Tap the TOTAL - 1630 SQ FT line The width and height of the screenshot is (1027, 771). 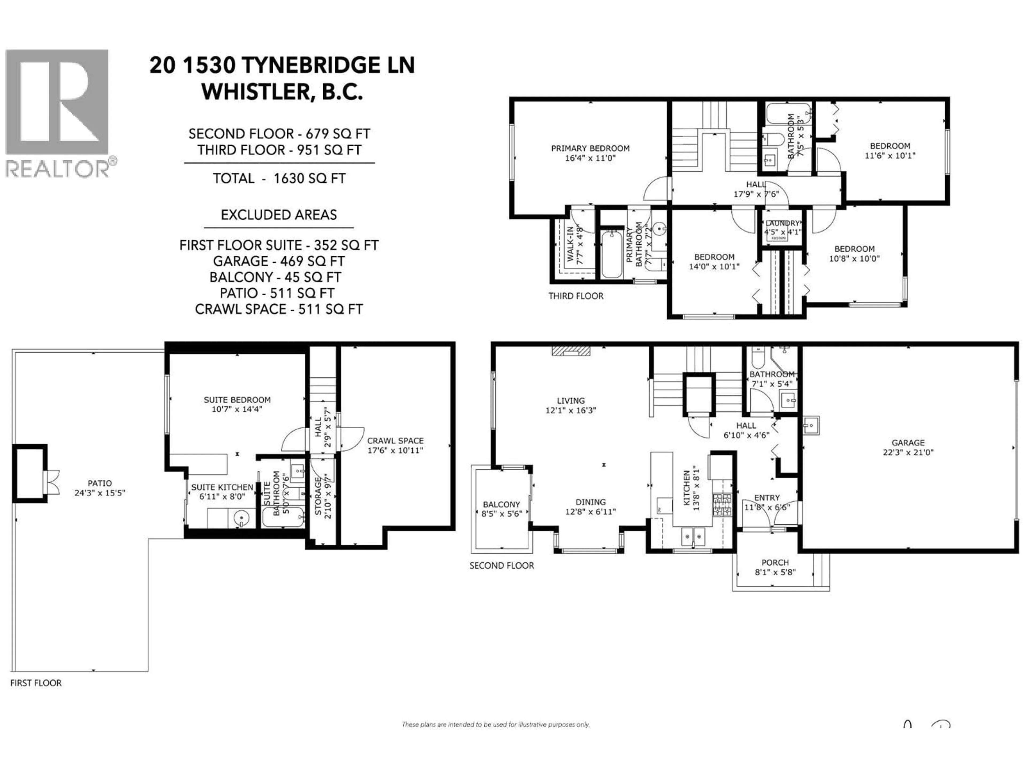(279, 179)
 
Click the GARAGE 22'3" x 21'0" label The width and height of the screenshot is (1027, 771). (908, 447)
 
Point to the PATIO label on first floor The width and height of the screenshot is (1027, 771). (99, 487)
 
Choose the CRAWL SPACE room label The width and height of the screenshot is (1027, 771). (395, 445)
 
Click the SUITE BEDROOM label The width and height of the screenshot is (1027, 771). (237, 404)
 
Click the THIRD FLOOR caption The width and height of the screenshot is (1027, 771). (576, 296)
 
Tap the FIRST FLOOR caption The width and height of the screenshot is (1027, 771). (36, 683)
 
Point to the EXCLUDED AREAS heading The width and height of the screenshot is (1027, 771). (279, 215)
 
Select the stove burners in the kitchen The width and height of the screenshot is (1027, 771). (722, 505)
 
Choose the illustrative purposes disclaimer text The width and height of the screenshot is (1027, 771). (495, 724)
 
